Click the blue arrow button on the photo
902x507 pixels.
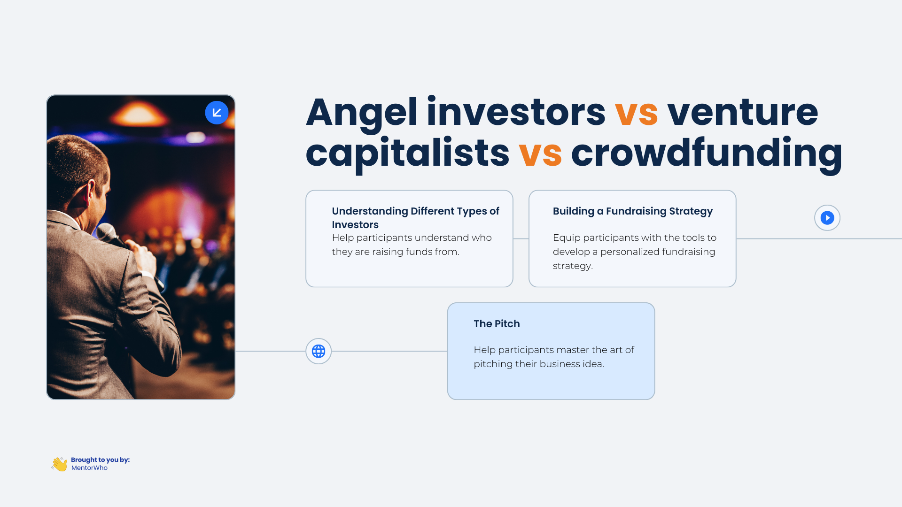click(217, 113)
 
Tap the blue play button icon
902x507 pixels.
click(827, 218)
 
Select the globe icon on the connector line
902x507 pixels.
click(319, 351)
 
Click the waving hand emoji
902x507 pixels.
click(60, 464)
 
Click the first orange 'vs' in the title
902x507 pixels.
click(636, 113)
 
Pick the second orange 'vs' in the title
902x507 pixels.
click(540, 154)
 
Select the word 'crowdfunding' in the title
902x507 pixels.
click(706, 154)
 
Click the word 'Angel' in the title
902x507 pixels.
click(361, 113)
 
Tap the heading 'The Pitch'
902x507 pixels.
click(497, 324)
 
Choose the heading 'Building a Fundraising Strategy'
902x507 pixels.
click(632, 211)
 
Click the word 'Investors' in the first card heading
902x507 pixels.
click(355, 225)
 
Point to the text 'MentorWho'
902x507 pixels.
click(89, 468)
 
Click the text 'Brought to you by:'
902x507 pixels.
click(100, 460)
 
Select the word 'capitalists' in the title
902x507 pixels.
click(407, 154)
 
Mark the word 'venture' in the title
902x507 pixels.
click(742, 113)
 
